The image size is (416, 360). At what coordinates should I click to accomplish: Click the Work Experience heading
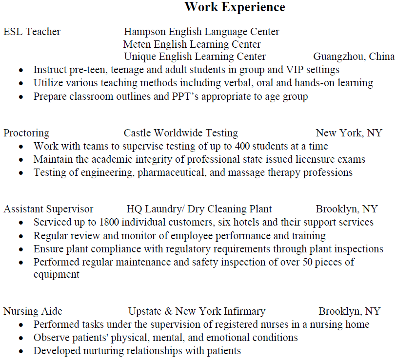coord(235,7)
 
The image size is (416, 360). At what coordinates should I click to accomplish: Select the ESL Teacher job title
coord(32,32)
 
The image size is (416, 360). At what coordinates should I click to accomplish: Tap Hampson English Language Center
coord(201,32)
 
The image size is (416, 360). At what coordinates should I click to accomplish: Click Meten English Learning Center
coord(192,44)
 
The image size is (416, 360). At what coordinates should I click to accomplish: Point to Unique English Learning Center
coord(195,57)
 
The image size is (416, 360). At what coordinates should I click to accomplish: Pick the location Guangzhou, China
coord(354,57)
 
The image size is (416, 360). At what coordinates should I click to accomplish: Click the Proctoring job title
coord(26,133)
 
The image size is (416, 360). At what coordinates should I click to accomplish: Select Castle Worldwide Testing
coord(180,133)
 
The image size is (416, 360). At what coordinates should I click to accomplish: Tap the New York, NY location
coord(349,133)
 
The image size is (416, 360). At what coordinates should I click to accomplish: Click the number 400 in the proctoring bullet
coord(242,146)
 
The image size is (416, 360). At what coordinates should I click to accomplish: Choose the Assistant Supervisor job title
coord(48,209)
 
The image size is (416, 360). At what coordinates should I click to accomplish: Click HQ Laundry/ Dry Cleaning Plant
coord(199,209)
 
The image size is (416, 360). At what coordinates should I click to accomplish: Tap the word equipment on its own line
coord(56,274)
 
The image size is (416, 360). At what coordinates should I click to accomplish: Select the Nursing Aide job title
coord(33,311)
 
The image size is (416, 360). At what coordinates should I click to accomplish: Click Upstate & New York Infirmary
coord(197,311)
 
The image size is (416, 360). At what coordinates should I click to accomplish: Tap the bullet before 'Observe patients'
coord(21,338)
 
